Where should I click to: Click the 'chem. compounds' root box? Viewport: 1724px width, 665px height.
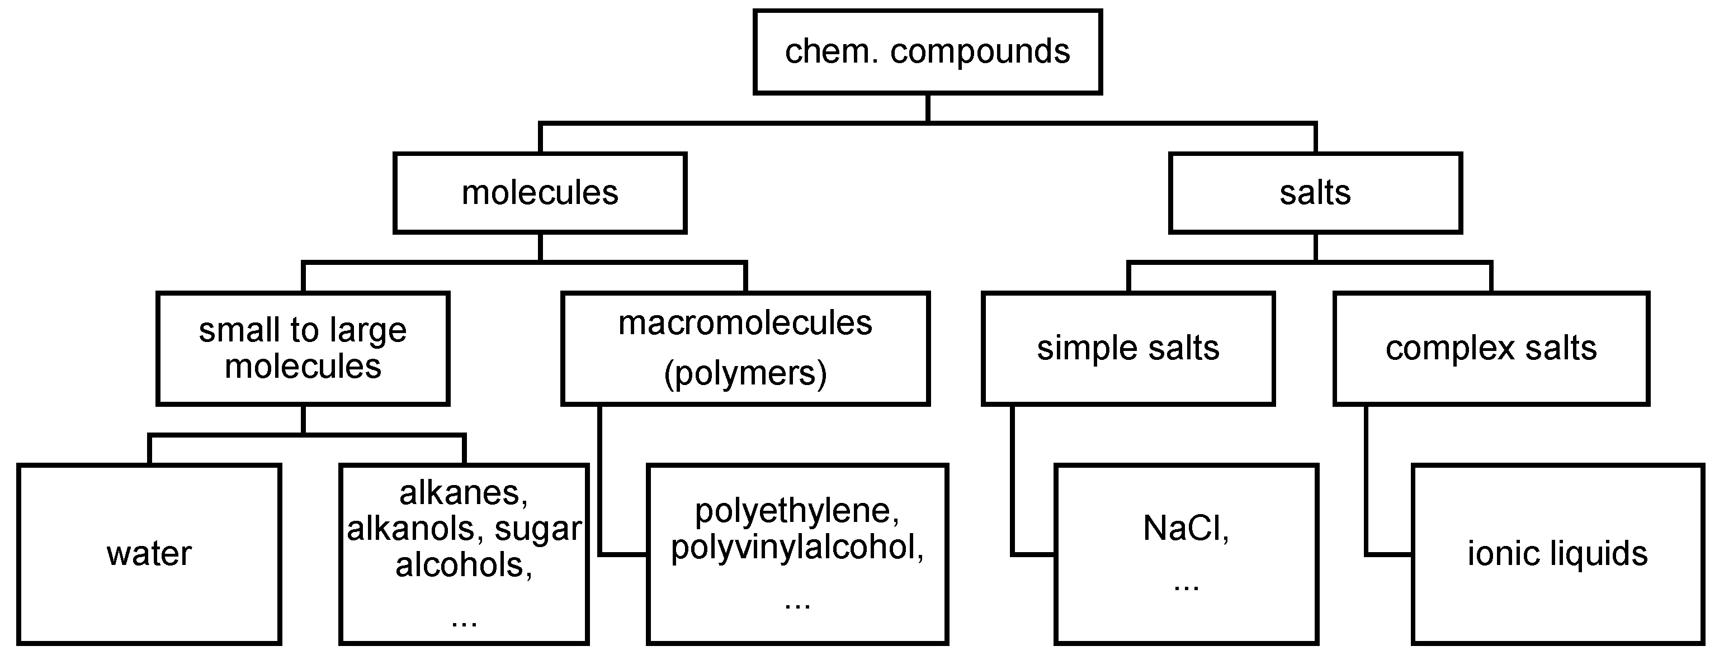coord(927,51)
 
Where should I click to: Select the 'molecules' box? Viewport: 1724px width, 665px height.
coord(540,193)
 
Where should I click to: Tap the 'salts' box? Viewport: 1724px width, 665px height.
coord(1315,193)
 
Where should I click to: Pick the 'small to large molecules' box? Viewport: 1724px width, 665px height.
coord(303,348)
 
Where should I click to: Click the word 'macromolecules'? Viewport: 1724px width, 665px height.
coord(745,323)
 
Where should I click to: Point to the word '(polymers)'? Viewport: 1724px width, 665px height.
coord(745,373)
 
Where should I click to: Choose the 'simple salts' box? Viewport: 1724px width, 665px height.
coord(1128,348)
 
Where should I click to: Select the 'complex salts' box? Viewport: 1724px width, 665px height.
coord(1491,348)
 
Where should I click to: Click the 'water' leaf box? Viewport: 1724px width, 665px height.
coord(149,554)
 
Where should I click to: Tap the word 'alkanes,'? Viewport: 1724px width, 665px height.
coord(464,493)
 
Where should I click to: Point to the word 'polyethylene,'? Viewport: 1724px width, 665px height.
coord(797,511)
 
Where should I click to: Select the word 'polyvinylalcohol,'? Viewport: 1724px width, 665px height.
coord(797,547)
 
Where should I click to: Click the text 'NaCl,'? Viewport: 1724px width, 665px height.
coord(1186,529)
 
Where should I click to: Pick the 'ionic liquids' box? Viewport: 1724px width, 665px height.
coord(1557,554)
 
